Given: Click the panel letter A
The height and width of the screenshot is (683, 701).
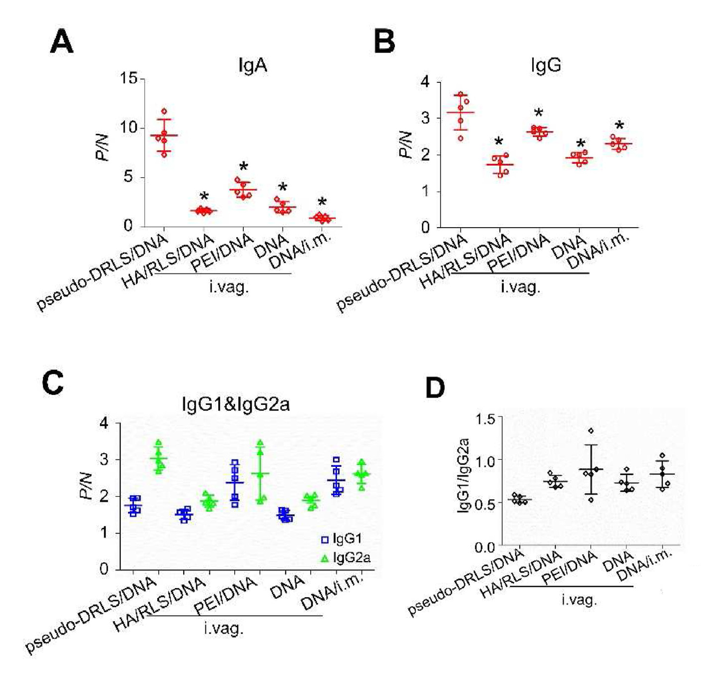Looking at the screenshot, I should point(62,41).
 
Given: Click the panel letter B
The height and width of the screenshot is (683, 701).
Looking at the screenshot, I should point(384,41).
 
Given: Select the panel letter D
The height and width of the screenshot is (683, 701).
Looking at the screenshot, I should point(435,388).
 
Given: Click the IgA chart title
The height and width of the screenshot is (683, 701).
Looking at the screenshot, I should point(252,65).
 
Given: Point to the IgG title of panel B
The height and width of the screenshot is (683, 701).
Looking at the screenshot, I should point(546,65).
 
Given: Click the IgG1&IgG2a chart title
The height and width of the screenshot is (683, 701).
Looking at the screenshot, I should point(236,403).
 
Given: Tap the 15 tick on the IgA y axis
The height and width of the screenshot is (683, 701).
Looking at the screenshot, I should point(128,78).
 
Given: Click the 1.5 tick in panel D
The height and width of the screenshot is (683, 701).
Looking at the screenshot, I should point(485,419).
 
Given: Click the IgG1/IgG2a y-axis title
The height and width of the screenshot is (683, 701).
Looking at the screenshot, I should point(463,475).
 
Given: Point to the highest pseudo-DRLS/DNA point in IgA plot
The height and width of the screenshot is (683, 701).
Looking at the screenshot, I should point(164,111).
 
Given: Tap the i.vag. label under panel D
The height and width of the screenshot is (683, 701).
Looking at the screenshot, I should point(579,599).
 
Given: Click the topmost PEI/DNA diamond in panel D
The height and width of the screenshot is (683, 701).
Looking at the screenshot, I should point(591,430).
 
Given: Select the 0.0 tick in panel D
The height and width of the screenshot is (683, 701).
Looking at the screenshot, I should point(484,548).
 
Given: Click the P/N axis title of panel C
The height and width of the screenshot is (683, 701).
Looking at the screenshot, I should point(87,486).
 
